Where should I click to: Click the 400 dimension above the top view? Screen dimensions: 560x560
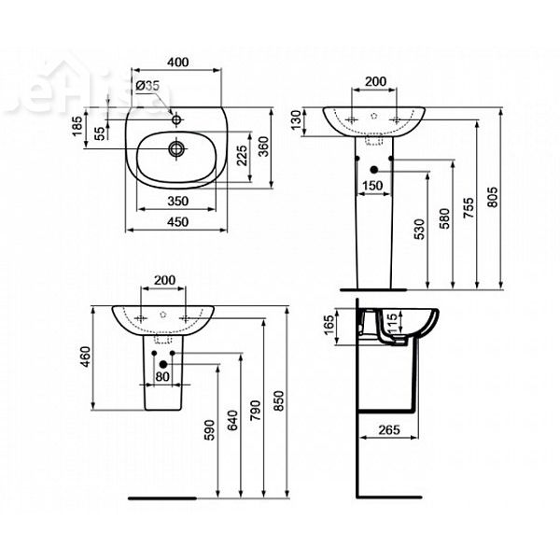tap(178, 63)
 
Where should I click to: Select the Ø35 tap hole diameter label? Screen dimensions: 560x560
tap(147, 85)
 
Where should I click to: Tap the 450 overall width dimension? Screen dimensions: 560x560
tap(178, 223)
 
